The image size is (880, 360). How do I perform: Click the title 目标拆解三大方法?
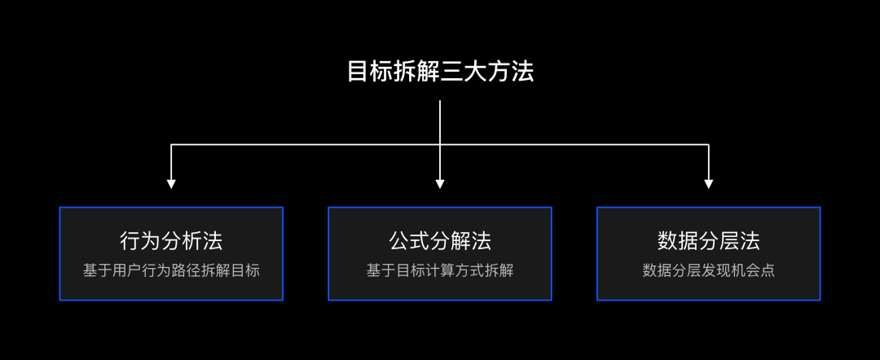pyautogui.click(x=440, y=72)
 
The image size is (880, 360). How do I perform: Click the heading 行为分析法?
pyautogui.click(x=171, y=241)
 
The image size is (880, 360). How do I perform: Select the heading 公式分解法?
pyautogui.click(x=440, y=241)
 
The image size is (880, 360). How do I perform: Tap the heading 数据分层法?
pyautogui.click(x=709, y=241)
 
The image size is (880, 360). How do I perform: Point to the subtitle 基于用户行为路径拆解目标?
pyautogui.click(x=171, y=270)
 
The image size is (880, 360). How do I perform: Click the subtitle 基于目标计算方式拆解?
pyautogui.click(x=440, y=270)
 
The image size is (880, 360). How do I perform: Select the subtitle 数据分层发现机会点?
pyautogui.click(x=709, y=270)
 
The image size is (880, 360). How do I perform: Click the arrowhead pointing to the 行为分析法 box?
pyautogui.click(x=171, y=184)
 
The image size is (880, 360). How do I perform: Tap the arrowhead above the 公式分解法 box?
pyautogui.click(x=440, y=184)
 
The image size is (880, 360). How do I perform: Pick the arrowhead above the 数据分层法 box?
pyautogui.click(x=709, y=184)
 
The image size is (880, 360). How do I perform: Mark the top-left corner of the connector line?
pyautogui.click(x=171, y=145)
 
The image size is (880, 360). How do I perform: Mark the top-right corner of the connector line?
pyautogui.click(x=709, y=145)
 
